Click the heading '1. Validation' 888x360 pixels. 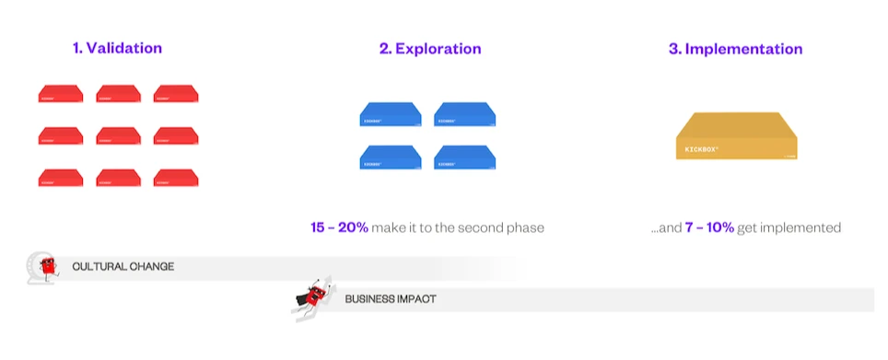click(117, 48)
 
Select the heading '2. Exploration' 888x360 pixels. click(429, 49)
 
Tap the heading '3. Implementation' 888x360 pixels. click(735, 49)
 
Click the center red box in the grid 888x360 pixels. click(118, 135)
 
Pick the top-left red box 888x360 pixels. click(61, 93)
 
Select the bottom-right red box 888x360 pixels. click(176, 178)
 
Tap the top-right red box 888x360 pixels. click(176, 93)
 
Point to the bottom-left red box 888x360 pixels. click(61, 178)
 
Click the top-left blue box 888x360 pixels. click(390, 114)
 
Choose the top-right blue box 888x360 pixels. click(465, 114)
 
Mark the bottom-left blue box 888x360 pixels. click(390, 157)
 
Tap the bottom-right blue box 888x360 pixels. click(465, 157)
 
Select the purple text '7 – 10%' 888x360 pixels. click(709, 227)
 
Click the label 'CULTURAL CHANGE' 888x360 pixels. click(123, 267)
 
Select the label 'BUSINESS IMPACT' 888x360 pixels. click(391, 299)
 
